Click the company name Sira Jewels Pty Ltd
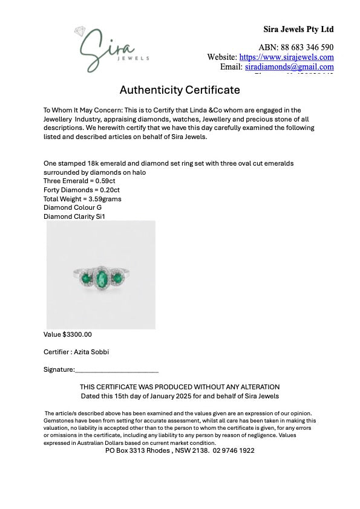coord(298,29)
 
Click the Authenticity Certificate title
coord(180,90)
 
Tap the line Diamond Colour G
coord(73,207)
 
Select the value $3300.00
coord(77,334)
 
